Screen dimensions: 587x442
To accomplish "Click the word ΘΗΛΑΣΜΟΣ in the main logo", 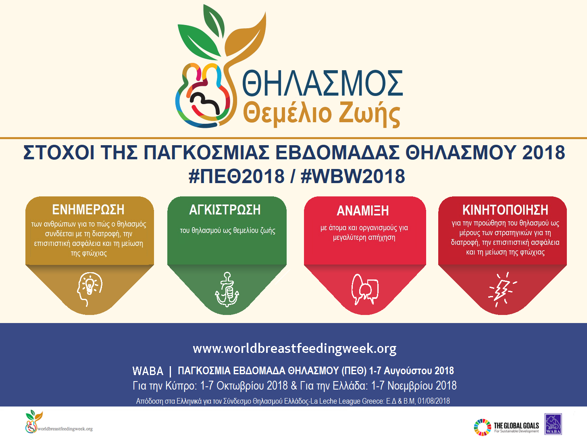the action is click(322, 83).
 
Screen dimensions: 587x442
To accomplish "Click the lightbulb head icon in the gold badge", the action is click(90, 289).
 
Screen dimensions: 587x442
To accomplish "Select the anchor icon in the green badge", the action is click(227, 289).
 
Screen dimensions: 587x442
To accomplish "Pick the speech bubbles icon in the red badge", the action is click(365, 289).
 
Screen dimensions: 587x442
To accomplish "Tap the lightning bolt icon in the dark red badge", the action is click(502, 290).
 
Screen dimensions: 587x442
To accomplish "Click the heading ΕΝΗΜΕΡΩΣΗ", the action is click(88, 210).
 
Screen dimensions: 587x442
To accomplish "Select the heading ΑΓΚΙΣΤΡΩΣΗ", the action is click(225, 210).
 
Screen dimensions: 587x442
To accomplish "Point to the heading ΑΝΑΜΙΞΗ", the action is click(362, 211).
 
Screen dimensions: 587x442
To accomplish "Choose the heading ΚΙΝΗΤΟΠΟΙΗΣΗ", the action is click(505, 210).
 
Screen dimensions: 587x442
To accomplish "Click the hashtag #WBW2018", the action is click(353, 176).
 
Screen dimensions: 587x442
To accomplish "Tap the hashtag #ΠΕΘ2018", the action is click(236, 176).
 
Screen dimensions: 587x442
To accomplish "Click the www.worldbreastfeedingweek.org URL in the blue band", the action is click(294, 349).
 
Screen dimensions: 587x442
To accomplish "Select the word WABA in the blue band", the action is click(148, 371).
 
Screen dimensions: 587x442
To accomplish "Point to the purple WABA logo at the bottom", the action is click(553, 424).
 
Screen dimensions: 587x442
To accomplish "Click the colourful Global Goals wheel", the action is click(483, 427).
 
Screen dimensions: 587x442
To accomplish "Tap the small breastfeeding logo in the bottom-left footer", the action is click(34, 422).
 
